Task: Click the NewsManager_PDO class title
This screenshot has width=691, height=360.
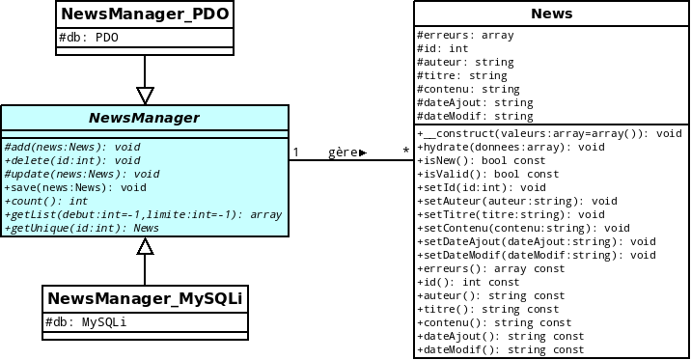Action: (145, 14)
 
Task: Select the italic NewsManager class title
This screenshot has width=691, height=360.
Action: (145, 119)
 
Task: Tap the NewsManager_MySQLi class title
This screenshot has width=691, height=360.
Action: (145, 299)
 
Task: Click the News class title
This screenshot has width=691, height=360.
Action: (551, 14)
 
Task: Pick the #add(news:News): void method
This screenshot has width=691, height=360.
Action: (72, 147)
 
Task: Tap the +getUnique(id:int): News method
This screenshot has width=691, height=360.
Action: (81, 228)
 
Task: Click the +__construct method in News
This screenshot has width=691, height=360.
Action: (550, 133)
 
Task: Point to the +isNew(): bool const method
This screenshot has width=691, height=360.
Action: (487, 160)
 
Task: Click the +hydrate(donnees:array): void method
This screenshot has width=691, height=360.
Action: (511, 147)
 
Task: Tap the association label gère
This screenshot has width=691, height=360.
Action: (345, 152)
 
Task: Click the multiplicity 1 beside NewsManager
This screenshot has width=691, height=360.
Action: (296, 152)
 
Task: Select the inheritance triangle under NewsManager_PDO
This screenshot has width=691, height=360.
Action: (145, 95)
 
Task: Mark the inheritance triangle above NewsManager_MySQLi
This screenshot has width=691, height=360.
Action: (145, 246)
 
